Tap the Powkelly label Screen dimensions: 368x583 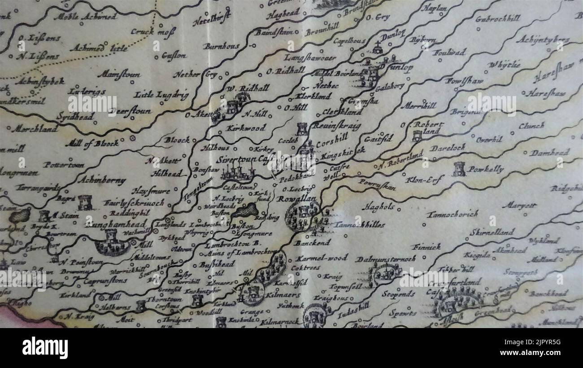pyautogui.click(x=486, y=169)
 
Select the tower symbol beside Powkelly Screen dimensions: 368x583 pyautogui.click(x=459, y=169)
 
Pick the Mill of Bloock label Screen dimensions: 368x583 pyautogui.click(x=92, y=144)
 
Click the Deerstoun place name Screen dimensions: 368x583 pyautogui.click(x=131, y=111)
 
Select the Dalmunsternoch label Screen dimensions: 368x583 pyautogui.click(x=385, y=259)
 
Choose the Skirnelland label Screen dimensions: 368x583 pyautogui.click(x=492, y=232)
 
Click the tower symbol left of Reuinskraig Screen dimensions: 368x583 pyautogui.click(x=302, y=129)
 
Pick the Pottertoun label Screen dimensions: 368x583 pyautogui.click(x=63, y=165)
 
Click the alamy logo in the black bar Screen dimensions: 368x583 pyautogui.click(x=45, y=348)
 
